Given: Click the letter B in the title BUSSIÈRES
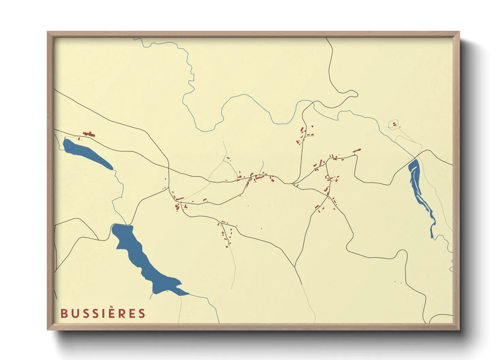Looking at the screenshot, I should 63,313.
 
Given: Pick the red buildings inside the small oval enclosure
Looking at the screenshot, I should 394,125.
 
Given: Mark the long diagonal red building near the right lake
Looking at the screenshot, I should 357,150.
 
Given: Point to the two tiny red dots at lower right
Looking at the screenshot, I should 398,282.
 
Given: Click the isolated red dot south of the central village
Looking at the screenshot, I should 262,229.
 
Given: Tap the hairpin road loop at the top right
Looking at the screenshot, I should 352,94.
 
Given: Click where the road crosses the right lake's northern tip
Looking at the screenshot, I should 416,159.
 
